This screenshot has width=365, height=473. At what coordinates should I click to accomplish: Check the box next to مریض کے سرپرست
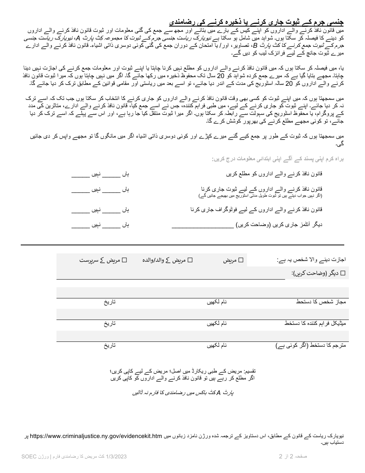[124, 260]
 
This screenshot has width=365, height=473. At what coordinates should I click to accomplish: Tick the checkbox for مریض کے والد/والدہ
[190, 260]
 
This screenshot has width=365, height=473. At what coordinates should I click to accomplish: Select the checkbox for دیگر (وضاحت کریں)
[343, 273]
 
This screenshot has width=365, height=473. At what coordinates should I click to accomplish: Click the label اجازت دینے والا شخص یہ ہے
[311, 260]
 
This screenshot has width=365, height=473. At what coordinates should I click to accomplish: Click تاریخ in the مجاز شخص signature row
[109, 302]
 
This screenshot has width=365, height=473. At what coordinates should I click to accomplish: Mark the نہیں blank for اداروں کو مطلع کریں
[80, 175]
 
